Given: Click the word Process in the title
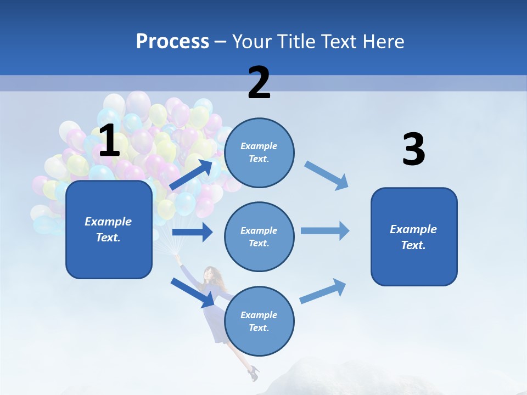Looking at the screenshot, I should point(172,42).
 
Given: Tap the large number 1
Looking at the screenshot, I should point(109,141).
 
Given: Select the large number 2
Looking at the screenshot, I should point(259,83).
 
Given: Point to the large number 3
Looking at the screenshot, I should point(413,150).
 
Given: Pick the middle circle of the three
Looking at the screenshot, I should point(259,236).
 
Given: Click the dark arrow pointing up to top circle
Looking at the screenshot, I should point(192,174).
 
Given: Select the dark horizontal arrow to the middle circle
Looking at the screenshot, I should point(192,232).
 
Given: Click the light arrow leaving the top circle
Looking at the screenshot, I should point(326,176).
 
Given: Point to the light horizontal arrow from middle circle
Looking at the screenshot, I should point(325,230).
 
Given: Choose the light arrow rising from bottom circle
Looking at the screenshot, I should point(323,291).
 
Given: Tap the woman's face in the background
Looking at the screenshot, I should point(209,273).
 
